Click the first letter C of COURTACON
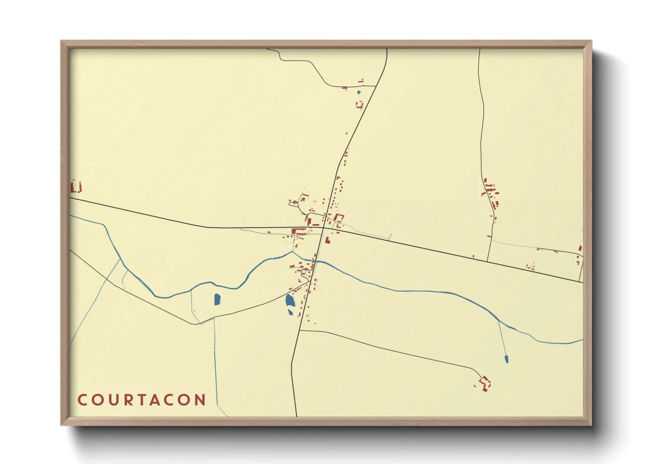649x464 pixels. click(82, 400)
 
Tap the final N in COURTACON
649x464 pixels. click(201, 400)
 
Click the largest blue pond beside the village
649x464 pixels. click(290, 300)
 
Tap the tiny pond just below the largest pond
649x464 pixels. click(290, 312)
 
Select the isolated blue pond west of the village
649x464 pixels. click(217, 300)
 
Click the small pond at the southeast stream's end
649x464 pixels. click(506, 359)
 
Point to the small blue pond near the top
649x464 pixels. click(359, 92)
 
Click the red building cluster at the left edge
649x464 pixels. click(75, 187)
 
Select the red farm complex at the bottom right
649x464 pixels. click(485, 383)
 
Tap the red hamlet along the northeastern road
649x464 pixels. click(492, 195)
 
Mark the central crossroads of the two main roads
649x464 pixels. click(324, 228)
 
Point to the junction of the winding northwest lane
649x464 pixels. click(376, 86)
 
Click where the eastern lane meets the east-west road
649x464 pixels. click(487, 261)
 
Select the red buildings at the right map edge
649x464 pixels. click(580, 254)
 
